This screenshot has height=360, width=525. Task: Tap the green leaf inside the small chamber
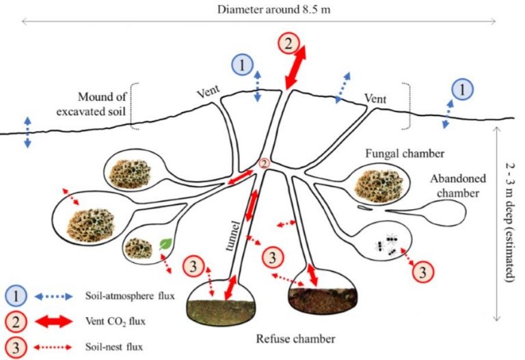pos(164,243)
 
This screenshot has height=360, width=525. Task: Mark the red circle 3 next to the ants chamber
pos(423,271)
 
